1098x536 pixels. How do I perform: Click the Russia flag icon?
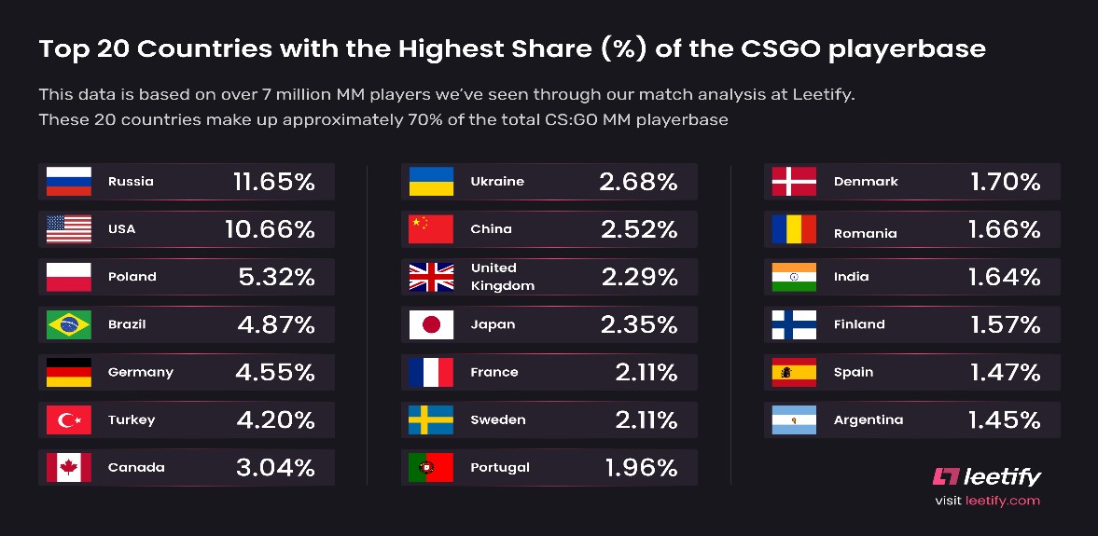coord(69,182)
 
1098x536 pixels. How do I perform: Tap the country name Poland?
coord(132,277)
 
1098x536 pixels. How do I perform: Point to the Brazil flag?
coord(69,324)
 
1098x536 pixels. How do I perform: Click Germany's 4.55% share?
coord(274,372)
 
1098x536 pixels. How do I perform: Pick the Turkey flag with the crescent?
coord(69,419)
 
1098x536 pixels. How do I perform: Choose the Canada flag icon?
coord(69,467)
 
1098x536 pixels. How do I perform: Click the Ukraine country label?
coord(497,182)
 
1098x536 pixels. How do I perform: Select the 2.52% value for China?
coord(638,229)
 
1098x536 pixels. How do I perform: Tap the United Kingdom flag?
coord(431,277)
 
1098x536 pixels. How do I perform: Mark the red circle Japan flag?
coord(431,324)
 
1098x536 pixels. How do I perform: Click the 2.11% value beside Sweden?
coord(646,419)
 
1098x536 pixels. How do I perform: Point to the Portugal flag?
coord(431,467)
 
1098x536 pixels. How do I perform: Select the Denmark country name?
coord(866,182)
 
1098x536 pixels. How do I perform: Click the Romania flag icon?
coord(794,229)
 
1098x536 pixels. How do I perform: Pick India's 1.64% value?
coord(1004,277)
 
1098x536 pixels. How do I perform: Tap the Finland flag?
coord(794,324)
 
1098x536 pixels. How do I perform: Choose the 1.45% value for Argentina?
coord(1004,419)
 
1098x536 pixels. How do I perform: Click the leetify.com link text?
coord(1001,501)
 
